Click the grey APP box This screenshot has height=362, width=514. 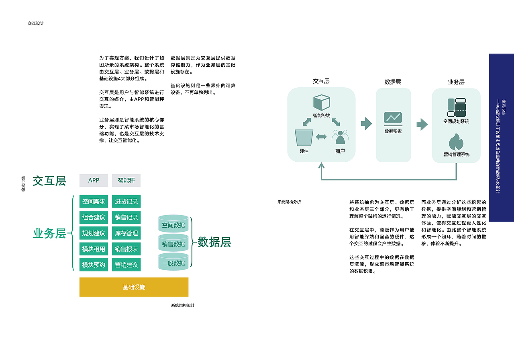point(94,181)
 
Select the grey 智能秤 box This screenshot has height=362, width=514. point(126,181)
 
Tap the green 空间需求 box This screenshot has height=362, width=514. point(94,202)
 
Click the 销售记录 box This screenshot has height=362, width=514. point(126,217)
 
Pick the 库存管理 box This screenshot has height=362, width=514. point(126,233)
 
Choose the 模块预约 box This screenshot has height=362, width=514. point(94,265)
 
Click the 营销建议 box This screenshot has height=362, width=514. point(126,265)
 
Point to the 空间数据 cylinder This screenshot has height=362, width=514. point(173,224)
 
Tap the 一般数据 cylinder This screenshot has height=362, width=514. point(173,261)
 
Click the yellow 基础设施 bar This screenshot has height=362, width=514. point(134,287)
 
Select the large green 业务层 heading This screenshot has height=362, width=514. point(49,234)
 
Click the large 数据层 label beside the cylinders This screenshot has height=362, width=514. point(214,242)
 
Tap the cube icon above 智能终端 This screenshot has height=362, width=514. point(322,103)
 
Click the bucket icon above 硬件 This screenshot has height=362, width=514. point(304,138)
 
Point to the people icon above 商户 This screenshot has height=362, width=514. point(340,137)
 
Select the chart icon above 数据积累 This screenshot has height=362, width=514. point(393,118)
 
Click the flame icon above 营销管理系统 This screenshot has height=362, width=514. point(456,142)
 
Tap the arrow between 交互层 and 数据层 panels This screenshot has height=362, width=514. point(367,123)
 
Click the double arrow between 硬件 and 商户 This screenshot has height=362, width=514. point(321,137)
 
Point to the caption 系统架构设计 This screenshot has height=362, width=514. point(183,305)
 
